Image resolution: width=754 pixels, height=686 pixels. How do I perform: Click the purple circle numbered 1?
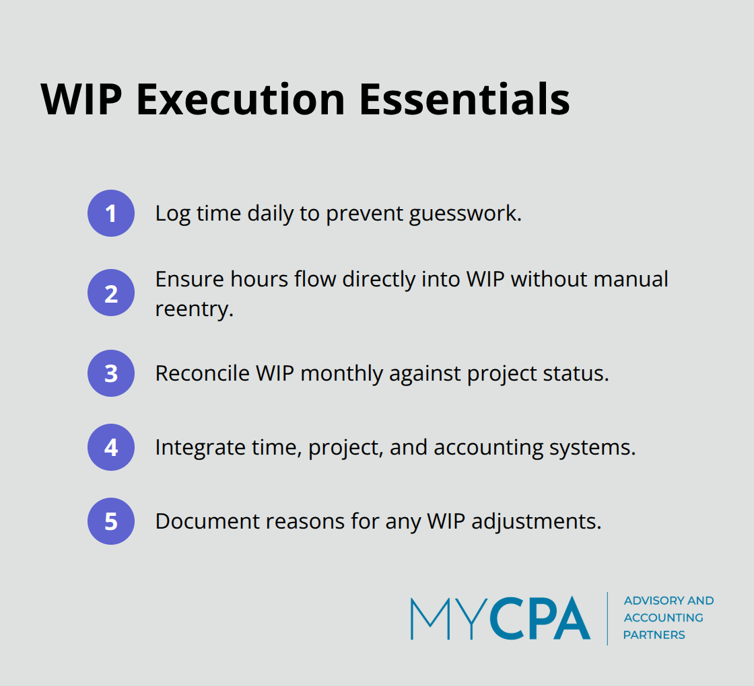(111, 213)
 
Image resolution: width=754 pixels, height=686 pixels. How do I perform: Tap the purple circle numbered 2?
(111, 293)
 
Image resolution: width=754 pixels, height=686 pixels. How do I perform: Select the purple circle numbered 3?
(111, 373)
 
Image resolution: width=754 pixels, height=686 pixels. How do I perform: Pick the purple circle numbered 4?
(111, 447)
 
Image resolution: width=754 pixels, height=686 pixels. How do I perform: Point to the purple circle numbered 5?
(111, 521)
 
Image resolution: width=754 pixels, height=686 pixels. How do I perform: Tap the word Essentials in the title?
(464, 100)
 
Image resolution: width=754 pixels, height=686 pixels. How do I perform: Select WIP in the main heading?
(82, 100)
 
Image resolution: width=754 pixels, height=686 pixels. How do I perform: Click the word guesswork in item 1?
(469, 214)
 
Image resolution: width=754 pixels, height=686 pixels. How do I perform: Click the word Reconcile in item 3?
(202, 373)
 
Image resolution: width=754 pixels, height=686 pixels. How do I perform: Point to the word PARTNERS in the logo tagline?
(654, 635)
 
